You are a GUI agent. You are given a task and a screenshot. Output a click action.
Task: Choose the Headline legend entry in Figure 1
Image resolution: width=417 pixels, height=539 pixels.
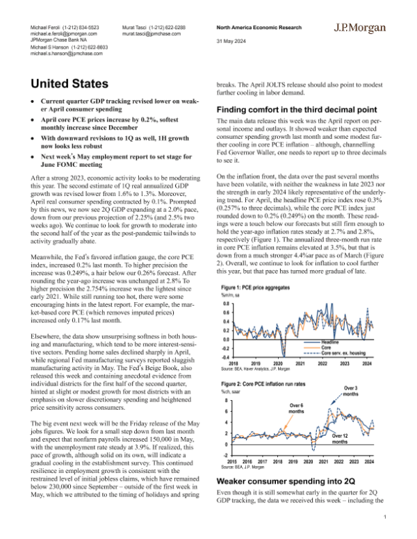pyautogui.click(x=329, y=342)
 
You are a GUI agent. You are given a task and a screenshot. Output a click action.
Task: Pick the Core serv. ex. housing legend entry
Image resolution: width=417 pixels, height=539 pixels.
pyautogui.click(x=343, y=354)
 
